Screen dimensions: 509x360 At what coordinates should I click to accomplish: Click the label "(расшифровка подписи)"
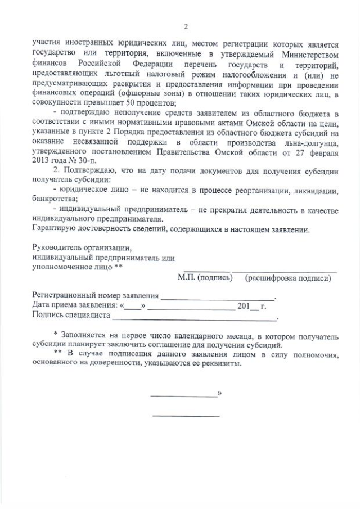[x=287, y=277]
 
